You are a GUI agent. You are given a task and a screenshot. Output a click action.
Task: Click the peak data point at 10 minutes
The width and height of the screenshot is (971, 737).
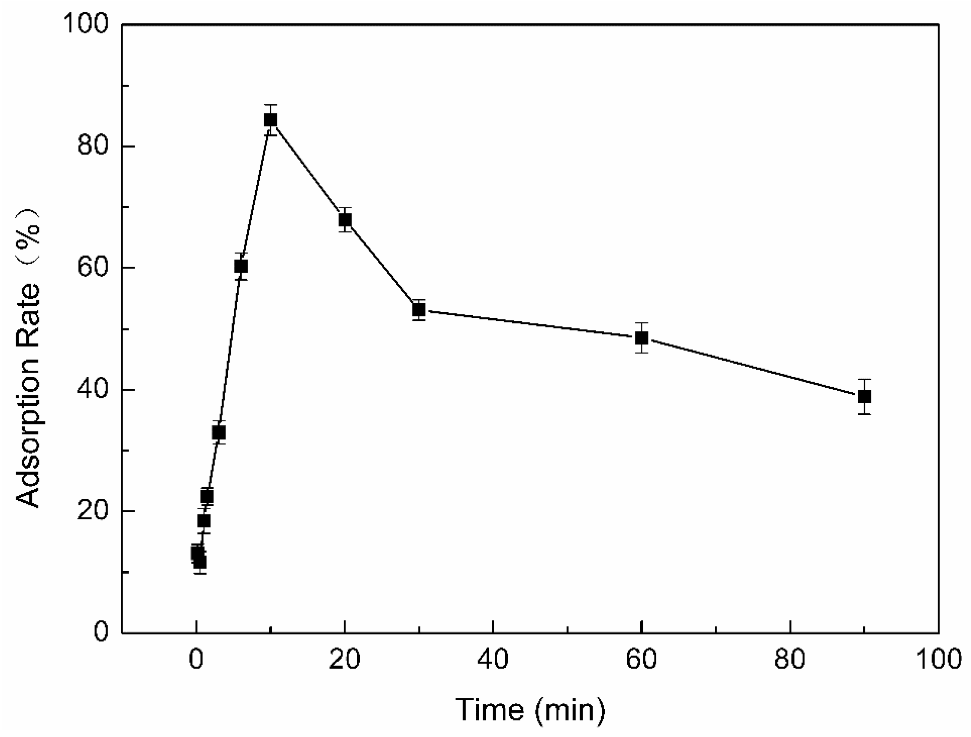pyautogui.click(x=271, y=120)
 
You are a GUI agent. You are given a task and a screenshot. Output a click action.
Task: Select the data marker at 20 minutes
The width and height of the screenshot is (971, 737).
pyautogui.click(x=345, y=219)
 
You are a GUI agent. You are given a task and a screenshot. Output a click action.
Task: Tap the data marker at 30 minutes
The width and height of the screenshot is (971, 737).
pyautogui.click(x=419, y=310)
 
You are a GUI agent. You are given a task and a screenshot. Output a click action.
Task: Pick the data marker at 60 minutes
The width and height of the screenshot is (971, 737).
pyautogui.click(x=642, y=338)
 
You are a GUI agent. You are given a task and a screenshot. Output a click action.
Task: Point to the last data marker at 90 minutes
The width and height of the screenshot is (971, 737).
pyautogui.click(x=865, y=396)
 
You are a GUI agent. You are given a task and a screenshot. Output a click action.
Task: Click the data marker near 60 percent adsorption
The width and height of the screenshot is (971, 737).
pyautogui.click(x=241, y=266)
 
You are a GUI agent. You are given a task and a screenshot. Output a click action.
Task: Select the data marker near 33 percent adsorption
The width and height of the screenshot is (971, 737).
pyautogui.click(x=219, y=432)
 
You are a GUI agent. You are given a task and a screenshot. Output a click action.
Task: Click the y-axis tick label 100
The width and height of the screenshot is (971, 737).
pyautogui.click(x=86, y=24)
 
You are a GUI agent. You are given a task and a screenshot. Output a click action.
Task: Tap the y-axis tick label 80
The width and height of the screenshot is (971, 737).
pyautogui.click(x=93, y=146)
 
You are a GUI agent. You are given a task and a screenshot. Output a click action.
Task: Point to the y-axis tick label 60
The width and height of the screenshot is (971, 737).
pyautogui.click(x=93, y=268)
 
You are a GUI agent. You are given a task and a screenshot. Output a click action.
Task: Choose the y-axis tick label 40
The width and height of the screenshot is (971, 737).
pyautogui.click(x=93, y=390)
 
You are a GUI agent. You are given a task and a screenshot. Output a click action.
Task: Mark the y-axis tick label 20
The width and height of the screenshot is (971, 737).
pyautogui.click(x=93, y=511)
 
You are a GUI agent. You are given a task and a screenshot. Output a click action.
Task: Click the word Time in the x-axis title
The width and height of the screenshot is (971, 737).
pyautogui.click(x=490, y=710)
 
